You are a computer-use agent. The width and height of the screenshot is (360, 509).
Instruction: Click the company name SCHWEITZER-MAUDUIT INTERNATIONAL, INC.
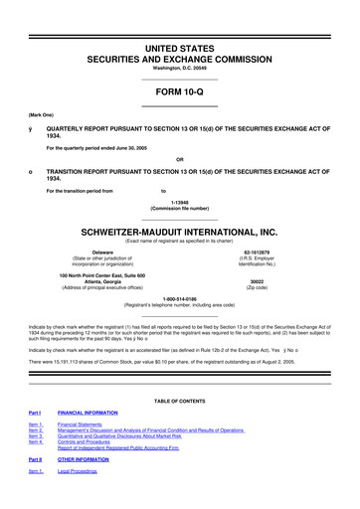click(x=179, y=226)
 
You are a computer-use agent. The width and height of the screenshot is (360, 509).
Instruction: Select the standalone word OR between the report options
click(x=179, y=159)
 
